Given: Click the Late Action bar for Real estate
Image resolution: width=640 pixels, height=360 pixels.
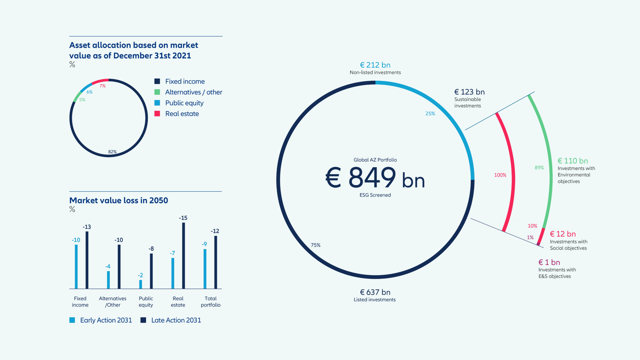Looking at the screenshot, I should click(183, 256).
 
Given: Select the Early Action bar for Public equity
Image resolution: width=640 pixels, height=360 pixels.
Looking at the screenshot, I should click(140, 284).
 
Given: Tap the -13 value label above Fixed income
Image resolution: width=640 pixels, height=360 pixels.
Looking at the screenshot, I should click(86, 227).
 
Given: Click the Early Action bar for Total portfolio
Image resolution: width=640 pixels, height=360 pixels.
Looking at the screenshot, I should click(205, 269).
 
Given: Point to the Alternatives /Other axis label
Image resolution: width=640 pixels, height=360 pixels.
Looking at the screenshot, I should click(113, 302).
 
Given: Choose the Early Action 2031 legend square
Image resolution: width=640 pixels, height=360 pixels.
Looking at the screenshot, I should click(72, 320).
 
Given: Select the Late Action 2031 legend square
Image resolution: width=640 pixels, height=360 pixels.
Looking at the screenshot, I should click(143, 320).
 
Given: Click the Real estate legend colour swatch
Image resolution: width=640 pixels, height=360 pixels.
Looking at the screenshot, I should click(157, 113).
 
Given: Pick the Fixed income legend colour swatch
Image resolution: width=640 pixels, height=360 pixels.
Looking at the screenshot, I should click(157, 81).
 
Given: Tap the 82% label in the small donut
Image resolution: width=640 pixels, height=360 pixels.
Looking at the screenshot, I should click(112, 152).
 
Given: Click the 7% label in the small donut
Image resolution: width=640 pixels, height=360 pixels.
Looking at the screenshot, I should click(103, 86).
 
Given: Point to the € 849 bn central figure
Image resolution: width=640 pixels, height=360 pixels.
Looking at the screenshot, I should click(375, 178).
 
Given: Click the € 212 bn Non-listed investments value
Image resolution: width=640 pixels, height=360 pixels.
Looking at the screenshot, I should click(375, 65).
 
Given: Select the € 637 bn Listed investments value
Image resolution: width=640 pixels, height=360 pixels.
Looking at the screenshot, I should click(375, 292).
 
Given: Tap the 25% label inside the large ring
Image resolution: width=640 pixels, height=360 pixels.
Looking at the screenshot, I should click(430, 113).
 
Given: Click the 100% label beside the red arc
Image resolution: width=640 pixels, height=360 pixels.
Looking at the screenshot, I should click(500, 175).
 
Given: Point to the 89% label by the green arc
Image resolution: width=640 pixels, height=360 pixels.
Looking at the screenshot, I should click(539, 168).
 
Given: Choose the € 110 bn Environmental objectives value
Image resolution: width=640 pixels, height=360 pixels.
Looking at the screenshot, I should click(573, 161).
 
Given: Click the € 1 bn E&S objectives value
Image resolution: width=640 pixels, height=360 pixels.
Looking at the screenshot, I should click(549, 262).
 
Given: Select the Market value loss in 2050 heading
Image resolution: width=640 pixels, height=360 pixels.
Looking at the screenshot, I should click(118, 200).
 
